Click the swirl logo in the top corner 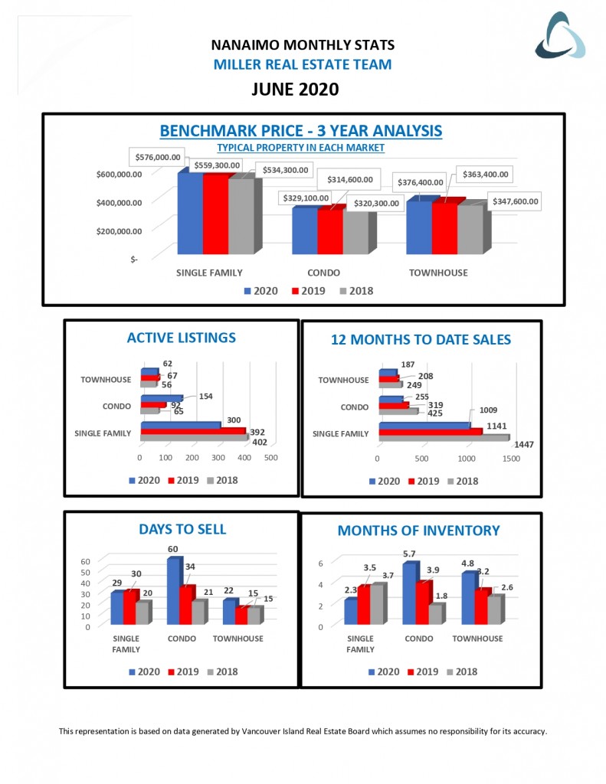pos(560,35)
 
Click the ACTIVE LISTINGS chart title pos(182,338)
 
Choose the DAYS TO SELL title pos(182,529)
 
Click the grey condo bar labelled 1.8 pos(434,614)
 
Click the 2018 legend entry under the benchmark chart pos(355,291)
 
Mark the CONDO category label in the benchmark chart pos(324,272)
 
